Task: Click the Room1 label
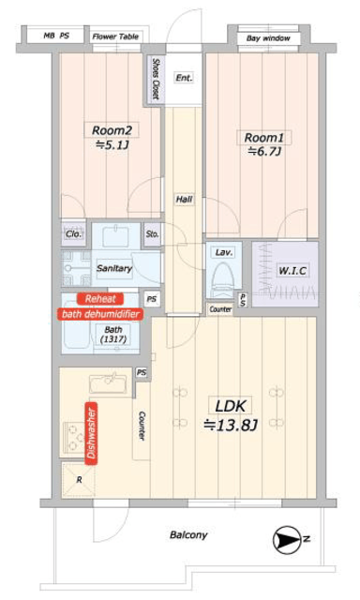click(263, 138)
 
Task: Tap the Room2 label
click(112, 130)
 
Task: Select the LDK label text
click(231, 406)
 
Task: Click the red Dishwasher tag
click(91, 433)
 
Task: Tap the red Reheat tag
click(100, 299)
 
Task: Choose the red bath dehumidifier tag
click(100, 314)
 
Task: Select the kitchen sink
click(108, 383)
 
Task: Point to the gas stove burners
click(74, 438)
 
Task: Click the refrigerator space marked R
click(79, 480)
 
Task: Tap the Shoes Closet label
click(156, 79)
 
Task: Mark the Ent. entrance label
click(184, 78)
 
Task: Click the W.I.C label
click(292, 271)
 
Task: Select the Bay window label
click(268, 38)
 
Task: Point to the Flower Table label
click(115, 37)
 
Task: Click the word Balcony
click(188, 534)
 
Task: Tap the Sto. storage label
click(152, 233)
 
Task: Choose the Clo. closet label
click(73, 233)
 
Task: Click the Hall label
click(184, 199)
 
